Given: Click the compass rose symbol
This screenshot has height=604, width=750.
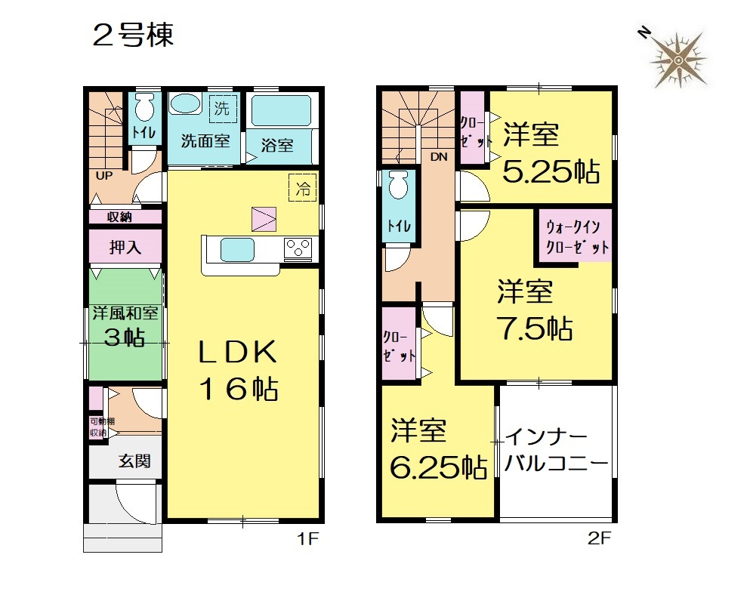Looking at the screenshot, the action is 677,60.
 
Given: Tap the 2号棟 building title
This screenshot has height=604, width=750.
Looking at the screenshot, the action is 133,35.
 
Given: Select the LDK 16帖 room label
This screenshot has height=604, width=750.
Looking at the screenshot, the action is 238,370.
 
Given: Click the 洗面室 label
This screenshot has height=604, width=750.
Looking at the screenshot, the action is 205,141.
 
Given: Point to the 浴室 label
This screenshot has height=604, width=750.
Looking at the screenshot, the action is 277,146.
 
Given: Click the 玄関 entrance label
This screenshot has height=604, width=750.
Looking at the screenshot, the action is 135,461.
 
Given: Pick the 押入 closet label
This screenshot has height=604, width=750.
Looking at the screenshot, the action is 125,247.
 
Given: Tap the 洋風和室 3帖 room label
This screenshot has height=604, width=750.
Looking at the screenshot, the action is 125,325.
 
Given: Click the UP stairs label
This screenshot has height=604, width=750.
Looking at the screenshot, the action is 104,175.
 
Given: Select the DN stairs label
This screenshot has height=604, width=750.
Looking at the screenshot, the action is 439,156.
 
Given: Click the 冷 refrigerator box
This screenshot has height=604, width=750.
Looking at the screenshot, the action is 303,187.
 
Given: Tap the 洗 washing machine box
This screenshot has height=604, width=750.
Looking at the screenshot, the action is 222,109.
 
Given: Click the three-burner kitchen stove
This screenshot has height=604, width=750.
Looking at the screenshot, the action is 298,248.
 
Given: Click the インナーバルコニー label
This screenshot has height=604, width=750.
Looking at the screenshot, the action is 557,450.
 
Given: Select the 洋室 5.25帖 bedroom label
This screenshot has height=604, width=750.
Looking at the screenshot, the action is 551,153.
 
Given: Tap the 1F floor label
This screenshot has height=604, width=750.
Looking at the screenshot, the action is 307,539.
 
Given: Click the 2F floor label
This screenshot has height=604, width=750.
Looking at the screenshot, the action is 600,539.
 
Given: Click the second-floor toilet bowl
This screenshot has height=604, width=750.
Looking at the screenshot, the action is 399,185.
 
